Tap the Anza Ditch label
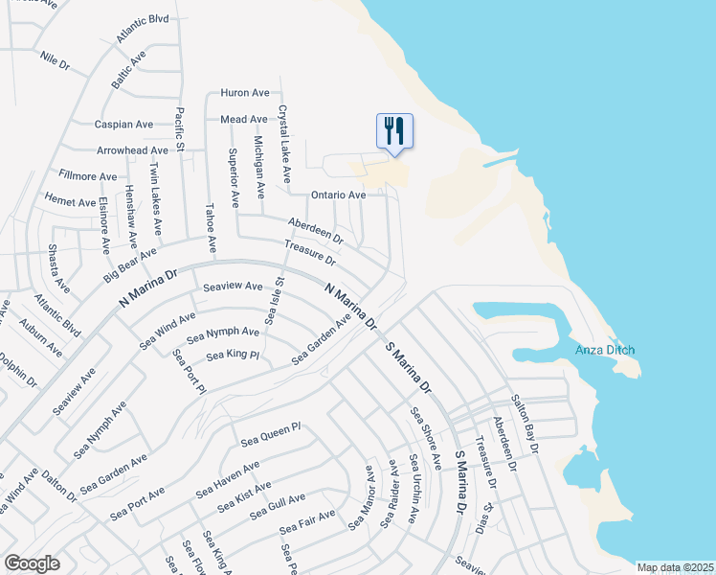604,350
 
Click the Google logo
32,563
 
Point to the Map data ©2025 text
674,567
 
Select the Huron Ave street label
245,93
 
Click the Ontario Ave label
339,195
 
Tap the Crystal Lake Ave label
283,144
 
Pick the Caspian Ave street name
123,125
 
